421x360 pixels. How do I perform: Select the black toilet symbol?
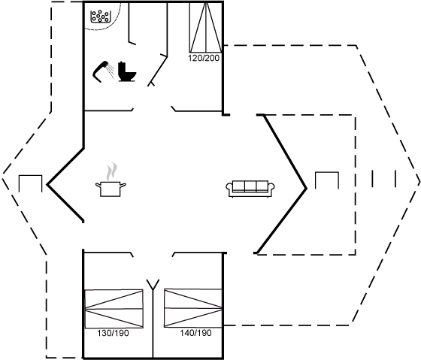click(x=127, y=71)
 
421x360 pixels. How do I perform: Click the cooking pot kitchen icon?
click(x=111, y=189)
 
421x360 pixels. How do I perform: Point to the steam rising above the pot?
click(x=112, y=171)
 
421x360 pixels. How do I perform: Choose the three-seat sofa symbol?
click(x=250, y=189)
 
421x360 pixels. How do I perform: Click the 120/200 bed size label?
click(x=204, y=58)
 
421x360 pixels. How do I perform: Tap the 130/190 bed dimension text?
click(x=113, y=333)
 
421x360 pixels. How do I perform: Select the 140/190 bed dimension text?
click(x=195, y=333)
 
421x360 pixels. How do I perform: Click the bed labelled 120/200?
click(x=206, y=27)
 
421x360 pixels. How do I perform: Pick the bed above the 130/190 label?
click(x=114, y=309)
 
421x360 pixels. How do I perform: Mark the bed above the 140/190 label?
click(x=193, y=308)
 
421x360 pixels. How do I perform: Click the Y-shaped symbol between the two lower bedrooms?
click(x=153, y=285)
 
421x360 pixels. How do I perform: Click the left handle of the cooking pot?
click(x=98, y=185)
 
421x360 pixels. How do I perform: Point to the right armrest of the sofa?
click(x=271, y=186)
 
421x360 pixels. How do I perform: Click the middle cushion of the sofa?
click(x=250, y=186)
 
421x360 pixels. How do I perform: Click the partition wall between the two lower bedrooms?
click(x=153, y=324)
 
